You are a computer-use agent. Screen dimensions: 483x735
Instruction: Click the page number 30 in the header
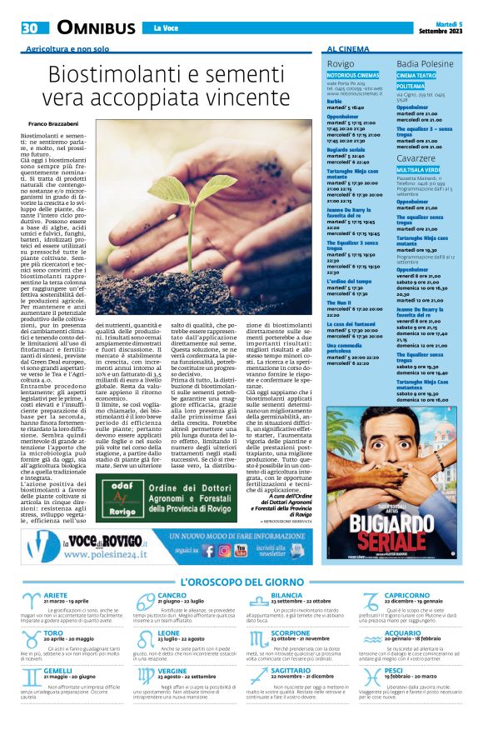click(30, 27)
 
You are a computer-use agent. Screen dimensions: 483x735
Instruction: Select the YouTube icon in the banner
click(241, 550)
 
